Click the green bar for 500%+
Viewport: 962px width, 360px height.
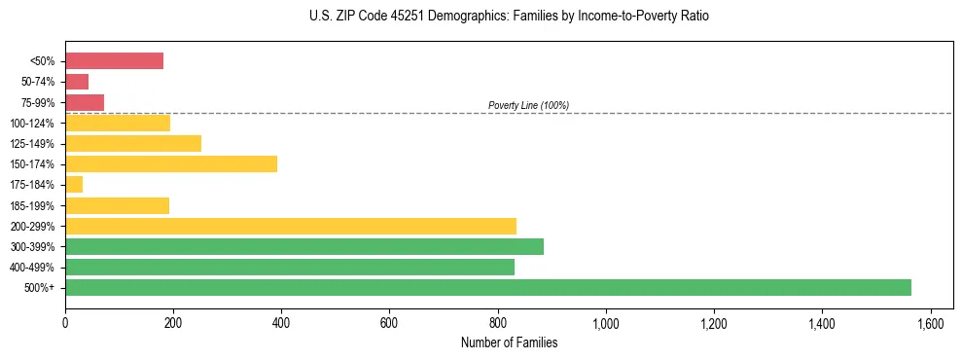487,287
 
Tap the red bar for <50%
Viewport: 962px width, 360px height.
114,60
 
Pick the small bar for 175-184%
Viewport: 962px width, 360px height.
74,184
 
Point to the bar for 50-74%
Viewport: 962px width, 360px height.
77,82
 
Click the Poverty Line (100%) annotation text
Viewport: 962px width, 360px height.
528,105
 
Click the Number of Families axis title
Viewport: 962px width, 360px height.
510,342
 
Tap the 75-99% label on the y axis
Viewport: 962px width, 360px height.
37,102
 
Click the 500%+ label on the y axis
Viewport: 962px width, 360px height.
40,288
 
